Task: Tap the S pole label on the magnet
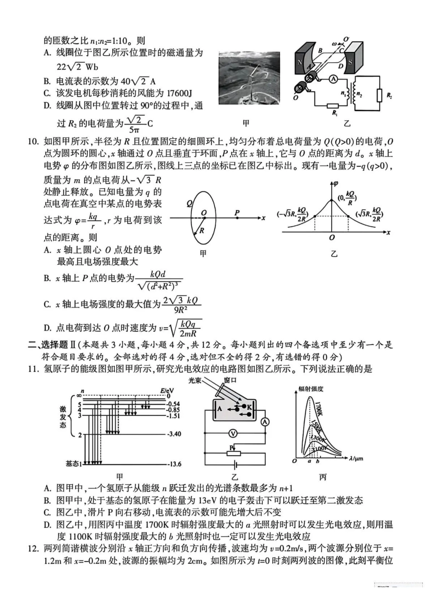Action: (350, 62)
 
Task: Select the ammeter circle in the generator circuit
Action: (333, 79)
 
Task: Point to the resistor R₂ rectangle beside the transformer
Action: (377, 96)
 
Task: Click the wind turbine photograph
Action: (249, 78)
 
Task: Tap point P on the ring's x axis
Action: (237, 218)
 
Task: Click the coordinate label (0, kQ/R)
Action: (348, 198)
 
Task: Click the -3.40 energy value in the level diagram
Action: (174, 434)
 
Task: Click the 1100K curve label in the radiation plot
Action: (320, 448)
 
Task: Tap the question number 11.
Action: (33, 369)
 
